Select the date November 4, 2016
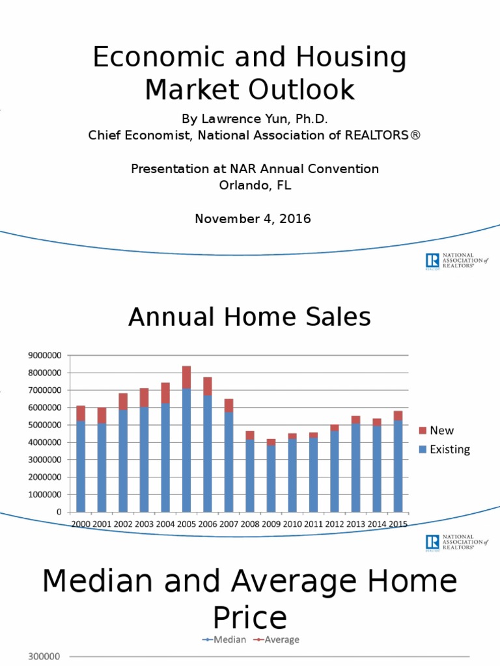253,219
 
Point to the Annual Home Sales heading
249,317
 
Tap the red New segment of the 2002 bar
123,401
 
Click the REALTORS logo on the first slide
457,261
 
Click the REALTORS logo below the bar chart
457,543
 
